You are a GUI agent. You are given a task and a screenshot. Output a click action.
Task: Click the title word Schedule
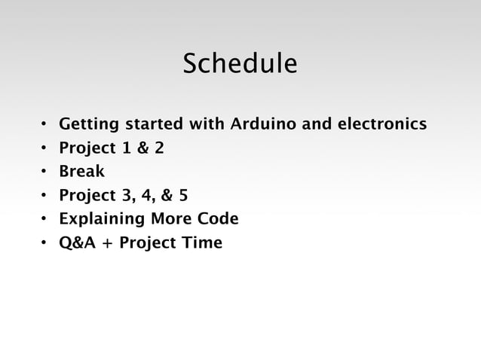240,65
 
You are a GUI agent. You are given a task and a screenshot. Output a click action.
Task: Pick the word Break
81,172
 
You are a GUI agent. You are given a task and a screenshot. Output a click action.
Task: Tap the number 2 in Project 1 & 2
159,148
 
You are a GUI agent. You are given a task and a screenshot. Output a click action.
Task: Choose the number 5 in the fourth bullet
183,196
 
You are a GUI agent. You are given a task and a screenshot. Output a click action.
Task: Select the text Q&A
76,243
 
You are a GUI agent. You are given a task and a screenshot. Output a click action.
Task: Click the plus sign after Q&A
104,244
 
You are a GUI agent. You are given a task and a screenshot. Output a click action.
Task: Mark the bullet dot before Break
44,172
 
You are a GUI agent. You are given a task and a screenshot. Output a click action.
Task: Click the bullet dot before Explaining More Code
44,220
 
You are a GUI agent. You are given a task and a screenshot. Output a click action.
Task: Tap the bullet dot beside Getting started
44,124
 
